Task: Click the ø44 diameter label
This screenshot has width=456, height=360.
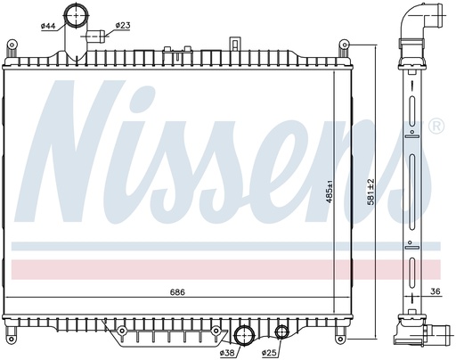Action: (x=48, y=26)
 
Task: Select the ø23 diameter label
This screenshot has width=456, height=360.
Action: (x=123, y=26)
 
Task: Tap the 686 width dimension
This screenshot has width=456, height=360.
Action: (x=177, y=292)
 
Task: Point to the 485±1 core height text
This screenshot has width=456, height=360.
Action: (x=329, y=192)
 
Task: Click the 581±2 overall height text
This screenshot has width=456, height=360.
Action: (x=370, y=192)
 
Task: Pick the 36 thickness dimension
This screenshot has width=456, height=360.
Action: (x=436, y=291)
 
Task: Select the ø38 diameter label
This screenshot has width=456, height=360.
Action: (x=227, y=353)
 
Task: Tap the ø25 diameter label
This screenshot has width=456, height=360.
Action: (x=269, y=353)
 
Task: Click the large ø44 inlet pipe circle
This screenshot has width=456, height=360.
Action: (x=76, y=15)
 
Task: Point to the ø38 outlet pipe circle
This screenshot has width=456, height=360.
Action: (x=245, y=335)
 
